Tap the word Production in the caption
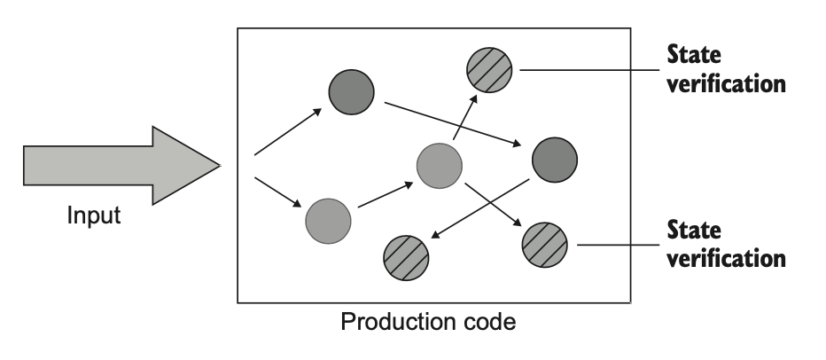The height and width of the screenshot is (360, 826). click(387, 321)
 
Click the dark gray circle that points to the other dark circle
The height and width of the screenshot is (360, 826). click(351, 91)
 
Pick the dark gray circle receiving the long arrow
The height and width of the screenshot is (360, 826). click(555, 160)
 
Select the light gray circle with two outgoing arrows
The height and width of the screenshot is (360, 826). click(439, 166)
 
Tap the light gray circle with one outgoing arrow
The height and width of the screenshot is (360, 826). click(328, 221)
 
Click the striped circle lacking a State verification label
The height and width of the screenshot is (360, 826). click(406, 257)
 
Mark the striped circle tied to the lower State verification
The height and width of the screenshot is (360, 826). click(544, 242)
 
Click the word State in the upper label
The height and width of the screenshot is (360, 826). click(694, 56)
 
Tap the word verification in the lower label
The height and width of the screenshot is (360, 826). click(725, 259)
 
